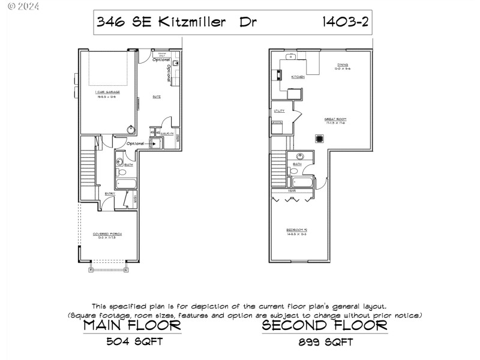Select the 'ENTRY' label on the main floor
tap(110, 193)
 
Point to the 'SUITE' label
tap(156, 96)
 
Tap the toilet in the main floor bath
tap(121, 172)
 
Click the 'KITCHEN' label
tap(298, 77)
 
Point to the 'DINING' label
tap(343, 65)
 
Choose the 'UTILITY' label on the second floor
tap(279, 111)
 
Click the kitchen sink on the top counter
tap(290, 58)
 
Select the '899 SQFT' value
tap(324, 343)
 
